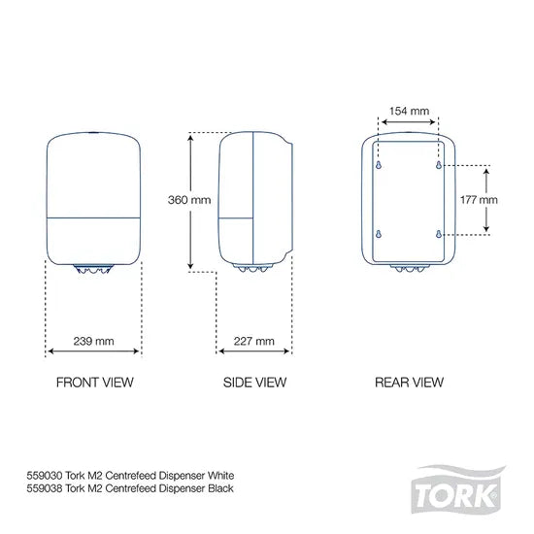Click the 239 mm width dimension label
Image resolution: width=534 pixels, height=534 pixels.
93,341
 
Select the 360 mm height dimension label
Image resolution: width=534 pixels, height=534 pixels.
188,200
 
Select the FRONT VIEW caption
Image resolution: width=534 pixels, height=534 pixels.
93,382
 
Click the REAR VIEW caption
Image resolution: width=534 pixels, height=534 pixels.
409,382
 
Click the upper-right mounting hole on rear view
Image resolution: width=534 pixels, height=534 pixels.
440,165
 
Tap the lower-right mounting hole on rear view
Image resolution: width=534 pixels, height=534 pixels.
440,233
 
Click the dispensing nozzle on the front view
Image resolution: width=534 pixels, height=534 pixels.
93,274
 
